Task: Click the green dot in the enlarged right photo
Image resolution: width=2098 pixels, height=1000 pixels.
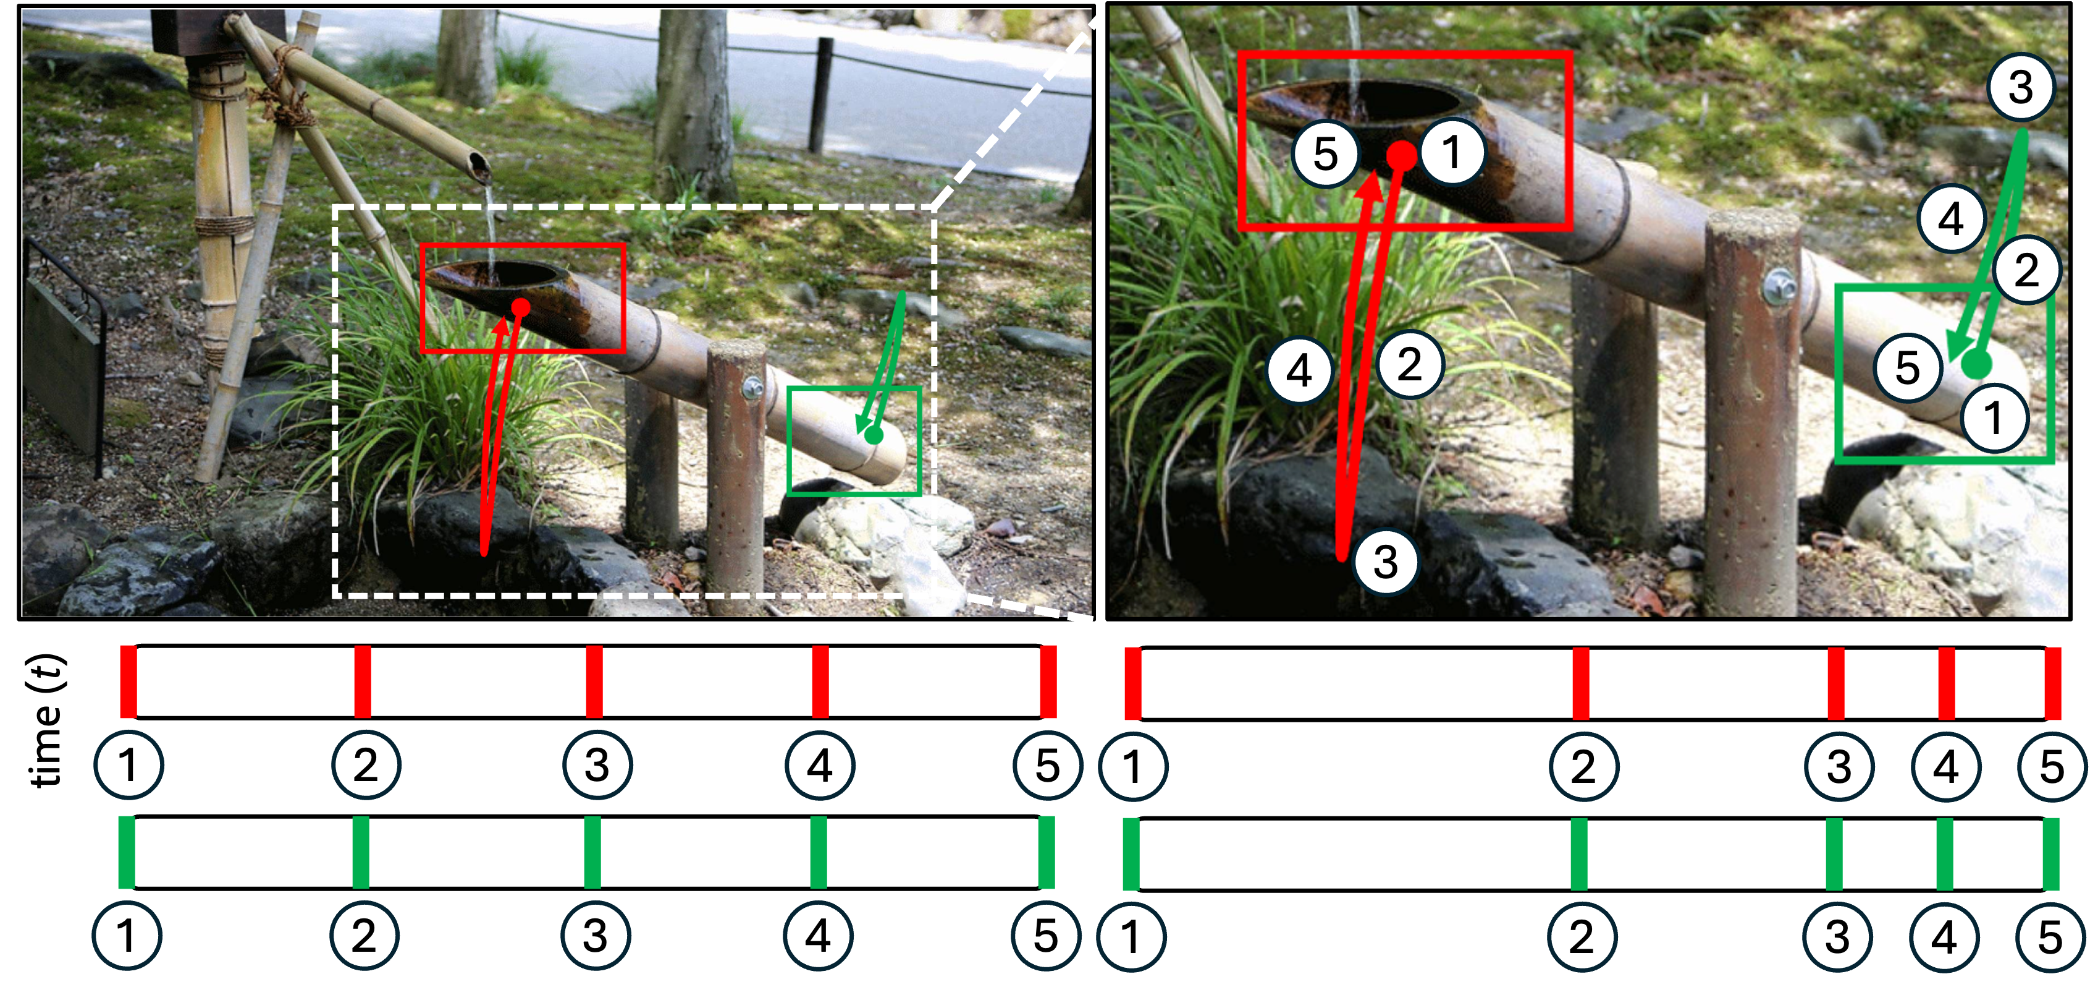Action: pos(1976,364)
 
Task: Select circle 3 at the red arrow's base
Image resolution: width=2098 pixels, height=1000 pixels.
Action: pos(1385,562)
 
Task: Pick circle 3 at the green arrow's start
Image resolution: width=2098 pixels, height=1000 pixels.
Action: pos(2021,88)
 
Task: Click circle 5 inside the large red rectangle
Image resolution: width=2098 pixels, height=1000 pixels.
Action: pos(1325,153)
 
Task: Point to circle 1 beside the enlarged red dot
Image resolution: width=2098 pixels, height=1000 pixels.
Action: pos(1451,152)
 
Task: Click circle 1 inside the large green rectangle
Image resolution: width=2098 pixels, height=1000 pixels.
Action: pos(1992,419)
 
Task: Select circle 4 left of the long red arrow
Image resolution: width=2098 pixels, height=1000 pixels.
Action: pos(1299,371)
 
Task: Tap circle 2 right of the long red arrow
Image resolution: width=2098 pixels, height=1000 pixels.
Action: pos(1410,364)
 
